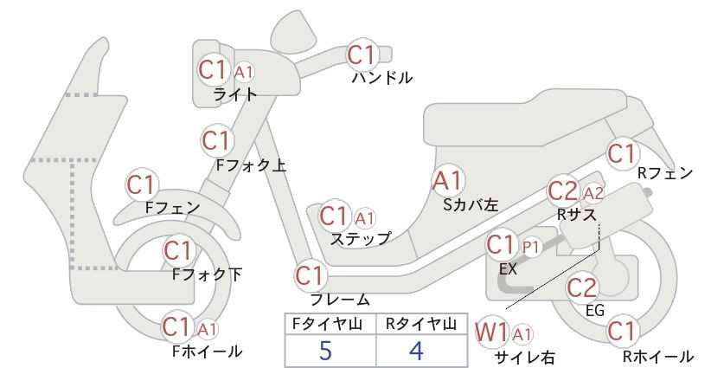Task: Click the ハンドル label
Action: coord(382,78)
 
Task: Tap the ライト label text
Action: coord(235,94)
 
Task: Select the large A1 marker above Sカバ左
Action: coord(448,181)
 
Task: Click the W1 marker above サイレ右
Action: coord(491,332)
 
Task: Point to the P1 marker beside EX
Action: coord(531,248)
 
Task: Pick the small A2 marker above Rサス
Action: coord(592,193)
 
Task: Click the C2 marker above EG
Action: coord(582,287)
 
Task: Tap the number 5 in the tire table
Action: coord(325,351)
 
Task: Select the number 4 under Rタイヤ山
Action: coord(416,351)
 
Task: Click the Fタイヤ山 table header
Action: coord(327,324)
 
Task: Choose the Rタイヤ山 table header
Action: coord(421,324)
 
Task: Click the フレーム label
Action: coord(340,300)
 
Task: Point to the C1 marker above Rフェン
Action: coord(622,154)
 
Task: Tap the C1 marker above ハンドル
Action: coord(362,55)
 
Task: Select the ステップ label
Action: coord(360,239)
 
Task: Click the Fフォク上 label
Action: coord(251,165)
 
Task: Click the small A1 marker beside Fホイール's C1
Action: coord(207,328)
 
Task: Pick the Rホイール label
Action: coord(657,356)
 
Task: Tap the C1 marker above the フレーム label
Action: coord(311,275)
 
